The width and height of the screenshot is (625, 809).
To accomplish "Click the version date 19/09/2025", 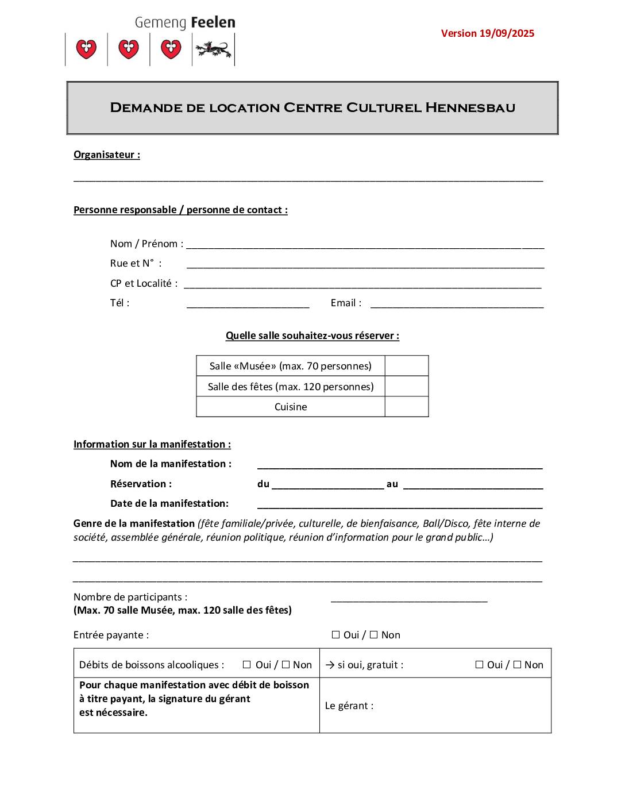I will coord(507,33).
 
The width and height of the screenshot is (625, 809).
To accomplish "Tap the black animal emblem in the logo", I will coord(213,50).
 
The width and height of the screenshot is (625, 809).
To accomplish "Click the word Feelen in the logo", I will coord(213,23).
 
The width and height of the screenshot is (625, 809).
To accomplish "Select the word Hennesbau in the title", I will coord(470,108).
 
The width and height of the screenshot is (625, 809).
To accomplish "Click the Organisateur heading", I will coord(107,155).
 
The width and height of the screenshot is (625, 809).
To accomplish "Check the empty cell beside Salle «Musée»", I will coord(406,366).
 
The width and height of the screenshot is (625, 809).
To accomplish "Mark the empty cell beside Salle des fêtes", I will coord(406,387).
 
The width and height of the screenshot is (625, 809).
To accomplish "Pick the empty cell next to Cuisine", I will coord(406,407).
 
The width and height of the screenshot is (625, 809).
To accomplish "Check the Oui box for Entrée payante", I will coord(336,635).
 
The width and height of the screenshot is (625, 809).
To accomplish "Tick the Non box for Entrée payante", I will coord(374,635).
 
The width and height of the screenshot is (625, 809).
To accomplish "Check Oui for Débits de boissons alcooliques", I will coord(247,665).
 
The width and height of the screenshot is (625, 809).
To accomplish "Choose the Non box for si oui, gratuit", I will coord(517,665).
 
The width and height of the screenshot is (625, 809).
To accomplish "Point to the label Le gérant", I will coord(349,706).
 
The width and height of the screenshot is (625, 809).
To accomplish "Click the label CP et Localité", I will coord(144,283).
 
